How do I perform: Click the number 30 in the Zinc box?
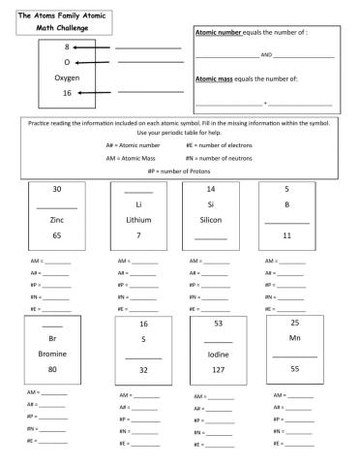click(x=57, y=189)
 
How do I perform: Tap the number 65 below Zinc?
click(x=57, y=235)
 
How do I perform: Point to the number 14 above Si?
click(x=211, y=189)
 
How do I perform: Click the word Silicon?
click(x=211, y=220)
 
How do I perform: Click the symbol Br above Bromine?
click(x=52, y=339)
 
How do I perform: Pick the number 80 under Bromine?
click(x=52, y=369)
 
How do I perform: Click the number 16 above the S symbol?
click(x=143, y=324)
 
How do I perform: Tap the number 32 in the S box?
click(x=143, y=370)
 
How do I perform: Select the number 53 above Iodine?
click(x=218, y=324)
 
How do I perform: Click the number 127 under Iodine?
click(x=218, y=369)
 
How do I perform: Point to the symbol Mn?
click(x=295, y=338)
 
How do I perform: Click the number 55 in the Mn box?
click(x=295, y=369)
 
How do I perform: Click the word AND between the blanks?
click(x=267, y=55)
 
